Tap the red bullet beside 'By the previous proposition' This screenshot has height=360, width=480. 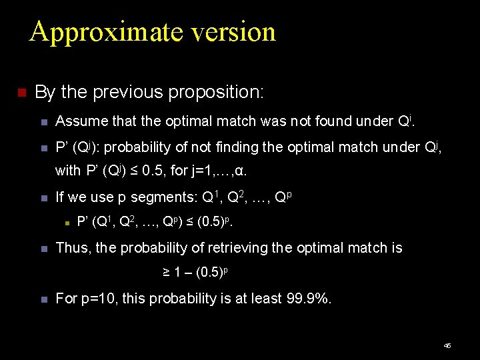pyautogui.click(x=20, y=92)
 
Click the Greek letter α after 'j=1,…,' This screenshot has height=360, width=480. pyautogui.click(x=241, y=171)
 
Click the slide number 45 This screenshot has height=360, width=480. pyautogui.click(x=447, y=345)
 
